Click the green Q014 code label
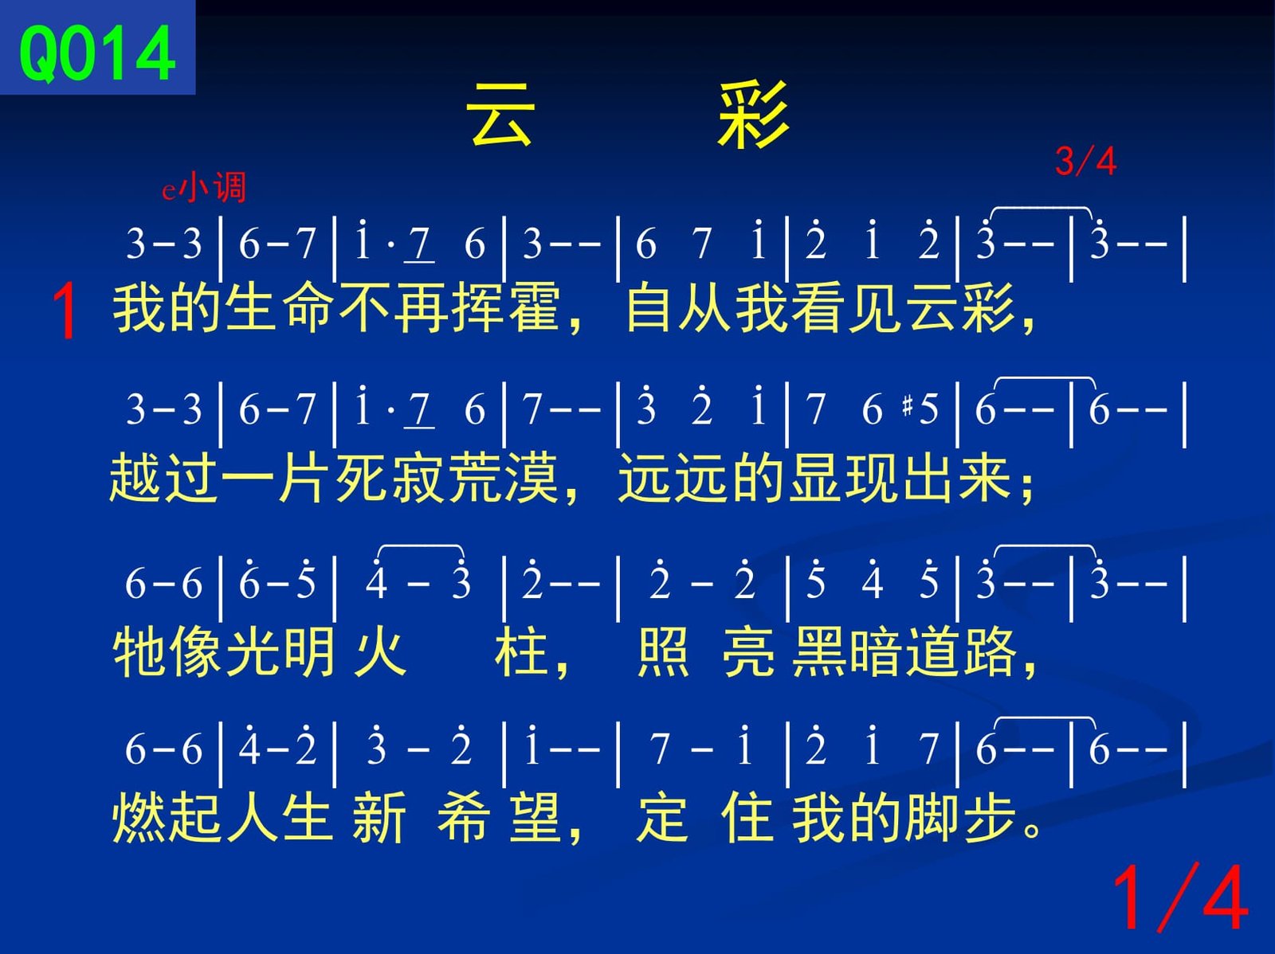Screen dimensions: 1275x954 tap(97, 53)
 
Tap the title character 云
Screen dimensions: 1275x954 tap(500, 115)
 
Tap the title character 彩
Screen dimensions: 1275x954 tap(753, 115)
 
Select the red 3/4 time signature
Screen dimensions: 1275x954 tap(1085, 161)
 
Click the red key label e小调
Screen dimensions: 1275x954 tap(204, 187)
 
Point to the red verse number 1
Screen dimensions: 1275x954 tap(64, 311)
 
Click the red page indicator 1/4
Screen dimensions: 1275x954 tap(1179, 897)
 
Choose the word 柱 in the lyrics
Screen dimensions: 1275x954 tap(521, 651)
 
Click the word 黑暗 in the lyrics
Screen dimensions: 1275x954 tap(848, 651)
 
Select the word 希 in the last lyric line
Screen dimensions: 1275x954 tap(463, 818)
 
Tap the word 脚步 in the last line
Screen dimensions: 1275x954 tap(960, 818)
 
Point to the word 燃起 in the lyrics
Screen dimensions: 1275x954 tap(167, 818)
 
